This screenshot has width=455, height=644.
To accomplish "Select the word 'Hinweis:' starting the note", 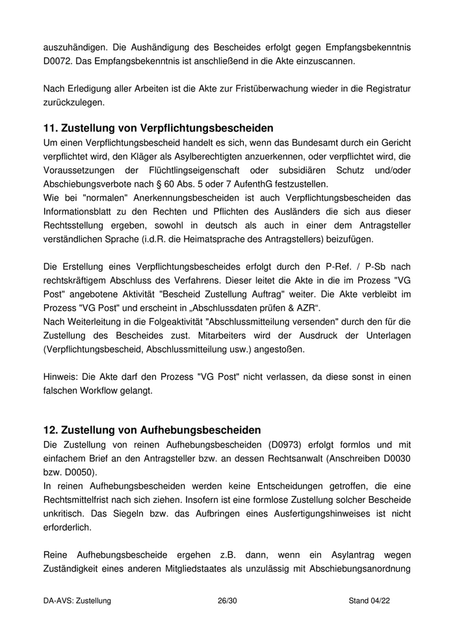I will (x=62, y=377).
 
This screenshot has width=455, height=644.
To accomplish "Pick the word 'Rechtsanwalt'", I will (x=281, y=459).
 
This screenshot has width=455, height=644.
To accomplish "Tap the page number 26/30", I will (x=227, y=601).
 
